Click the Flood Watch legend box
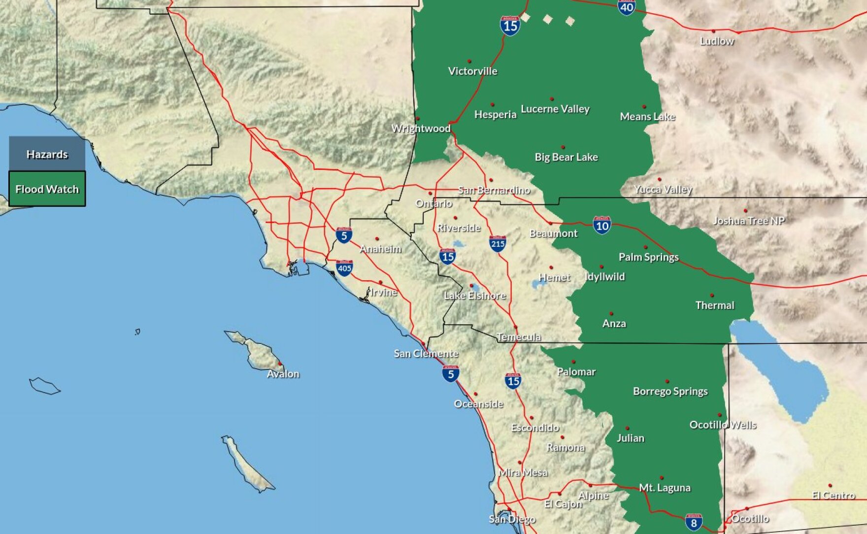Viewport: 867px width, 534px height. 47,189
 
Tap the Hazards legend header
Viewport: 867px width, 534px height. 47,154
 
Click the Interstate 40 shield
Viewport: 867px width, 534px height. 626,7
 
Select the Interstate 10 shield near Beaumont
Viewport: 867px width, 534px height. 602,226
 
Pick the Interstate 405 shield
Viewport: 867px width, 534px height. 344,268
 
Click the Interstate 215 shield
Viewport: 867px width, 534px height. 498,243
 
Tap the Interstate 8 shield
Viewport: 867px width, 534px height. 693,522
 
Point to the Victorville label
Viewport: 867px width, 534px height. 472,71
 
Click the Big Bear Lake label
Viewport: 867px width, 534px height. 566,157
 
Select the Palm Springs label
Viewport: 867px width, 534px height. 648,257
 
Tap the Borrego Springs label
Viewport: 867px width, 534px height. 670,391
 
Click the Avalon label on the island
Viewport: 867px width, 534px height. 283,374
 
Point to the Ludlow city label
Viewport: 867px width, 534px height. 717,41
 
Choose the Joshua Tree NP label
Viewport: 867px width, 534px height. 749,221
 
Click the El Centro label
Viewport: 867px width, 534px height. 833,495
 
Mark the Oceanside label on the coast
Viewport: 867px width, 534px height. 478,404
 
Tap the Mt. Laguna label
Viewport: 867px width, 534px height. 665,488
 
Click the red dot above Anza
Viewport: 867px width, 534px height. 611,313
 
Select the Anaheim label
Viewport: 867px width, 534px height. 380,249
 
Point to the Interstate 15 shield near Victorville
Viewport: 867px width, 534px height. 510,25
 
